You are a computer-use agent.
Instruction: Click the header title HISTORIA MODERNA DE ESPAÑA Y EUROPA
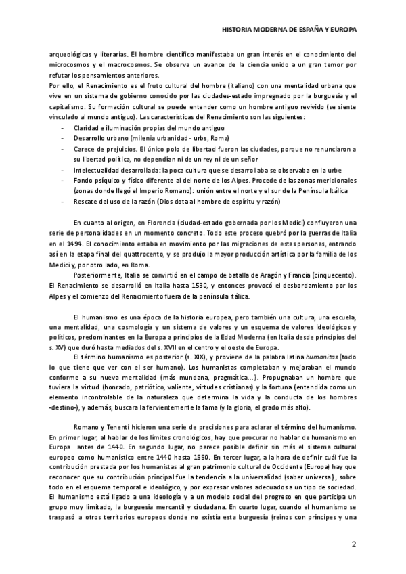(x=290, y=30)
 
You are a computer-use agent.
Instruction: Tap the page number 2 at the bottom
(x=353, y=544)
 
